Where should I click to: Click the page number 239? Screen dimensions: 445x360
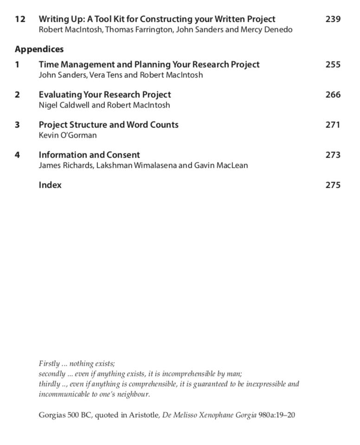333,19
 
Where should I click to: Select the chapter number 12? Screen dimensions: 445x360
20,19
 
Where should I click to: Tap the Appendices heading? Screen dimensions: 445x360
39,49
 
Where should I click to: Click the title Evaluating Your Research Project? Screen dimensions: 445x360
104,95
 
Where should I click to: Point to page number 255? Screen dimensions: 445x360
333,64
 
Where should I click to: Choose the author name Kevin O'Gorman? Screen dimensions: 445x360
67,135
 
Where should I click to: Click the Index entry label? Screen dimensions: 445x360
50,185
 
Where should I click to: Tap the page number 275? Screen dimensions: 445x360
333,185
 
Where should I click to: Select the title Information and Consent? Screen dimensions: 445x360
89,155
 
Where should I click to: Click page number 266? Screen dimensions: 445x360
333,95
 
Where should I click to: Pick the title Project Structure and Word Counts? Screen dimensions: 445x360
108,125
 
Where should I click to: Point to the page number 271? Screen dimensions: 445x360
333,125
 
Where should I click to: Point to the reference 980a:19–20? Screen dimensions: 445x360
276,415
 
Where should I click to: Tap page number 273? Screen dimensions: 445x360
333,155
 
